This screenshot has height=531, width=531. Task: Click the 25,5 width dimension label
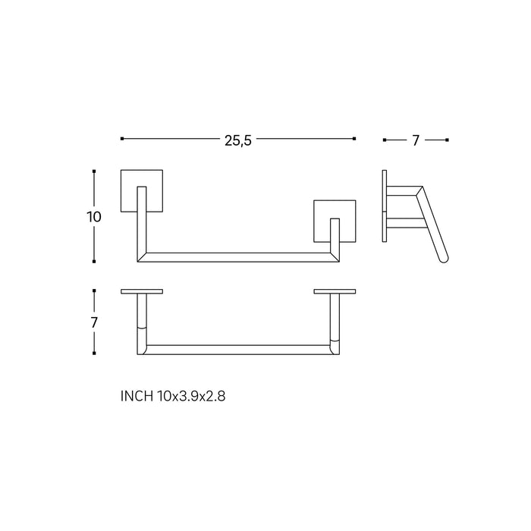point(237,140)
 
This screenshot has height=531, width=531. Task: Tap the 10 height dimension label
point(94,216)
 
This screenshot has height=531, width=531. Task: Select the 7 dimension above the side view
point(416,140)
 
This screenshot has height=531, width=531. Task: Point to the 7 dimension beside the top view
point(94,322)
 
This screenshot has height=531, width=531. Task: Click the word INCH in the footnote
point(137,395)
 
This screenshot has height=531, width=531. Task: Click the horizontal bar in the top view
point(237,350)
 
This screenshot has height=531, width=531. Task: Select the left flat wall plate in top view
point(141,291)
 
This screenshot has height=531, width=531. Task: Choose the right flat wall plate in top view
point(335,291)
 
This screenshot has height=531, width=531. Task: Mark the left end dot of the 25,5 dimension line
point(122,139)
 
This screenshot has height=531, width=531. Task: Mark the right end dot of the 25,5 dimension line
point(353,139)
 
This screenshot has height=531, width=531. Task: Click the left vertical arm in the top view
point(141,322)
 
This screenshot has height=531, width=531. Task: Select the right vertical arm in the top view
point(335,322)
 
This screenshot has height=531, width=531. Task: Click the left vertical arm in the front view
point(141,224)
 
